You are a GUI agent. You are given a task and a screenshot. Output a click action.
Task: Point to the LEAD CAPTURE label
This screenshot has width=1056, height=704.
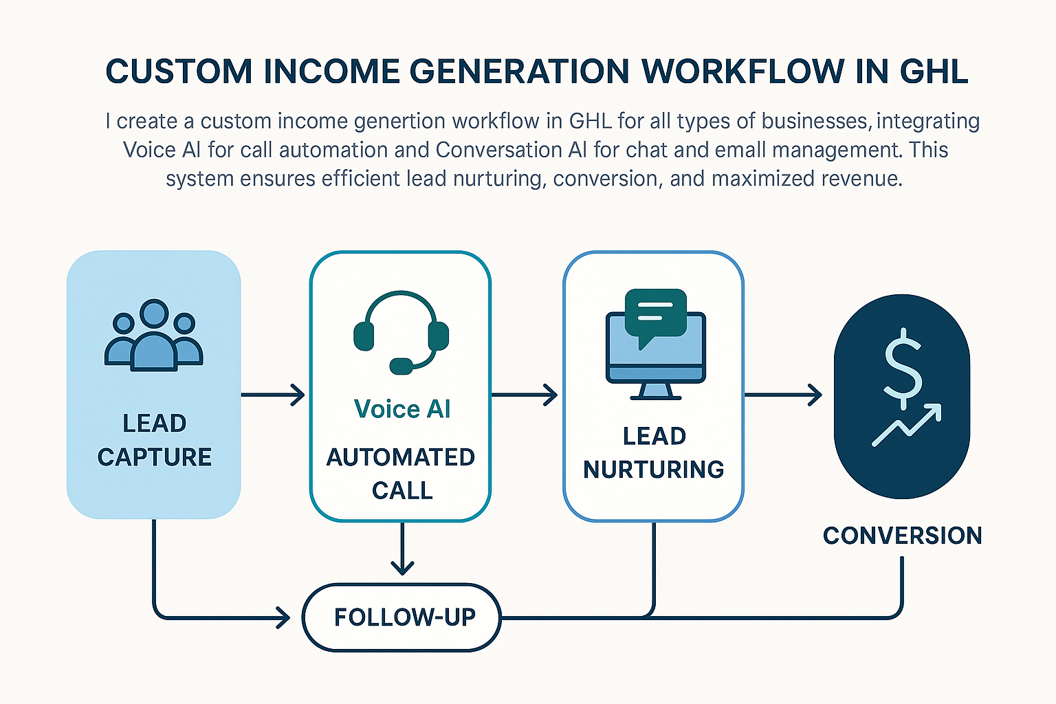[154, 440]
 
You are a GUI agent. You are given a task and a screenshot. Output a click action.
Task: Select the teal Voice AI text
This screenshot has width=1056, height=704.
[402, 409]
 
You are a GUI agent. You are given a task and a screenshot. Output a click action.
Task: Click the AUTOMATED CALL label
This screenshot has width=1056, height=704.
[401, 474]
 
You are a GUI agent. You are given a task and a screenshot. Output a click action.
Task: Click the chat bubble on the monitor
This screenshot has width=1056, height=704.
[655, 313]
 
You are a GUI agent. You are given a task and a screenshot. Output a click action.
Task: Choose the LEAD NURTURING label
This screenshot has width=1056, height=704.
[654, 452]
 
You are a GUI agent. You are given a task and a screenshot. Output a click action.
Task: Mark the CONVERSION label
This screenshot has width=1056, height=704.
[902, 536]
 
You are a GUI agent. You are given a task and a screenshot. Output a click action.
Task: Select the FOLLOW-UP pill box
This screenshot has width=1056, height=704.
[402, 617]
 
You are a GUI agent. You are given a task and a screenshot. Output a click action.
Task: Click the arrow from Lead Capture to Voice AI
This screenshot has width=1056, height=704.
[274, 395]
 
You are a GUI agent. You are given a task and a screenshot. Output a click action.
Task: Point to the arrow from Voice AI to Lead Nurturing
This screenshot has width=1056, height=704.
[525, 395]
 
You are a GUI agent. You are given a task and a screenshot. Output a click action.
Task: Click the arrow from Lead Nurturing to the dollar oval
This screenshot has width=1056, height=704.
[784, 395]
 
